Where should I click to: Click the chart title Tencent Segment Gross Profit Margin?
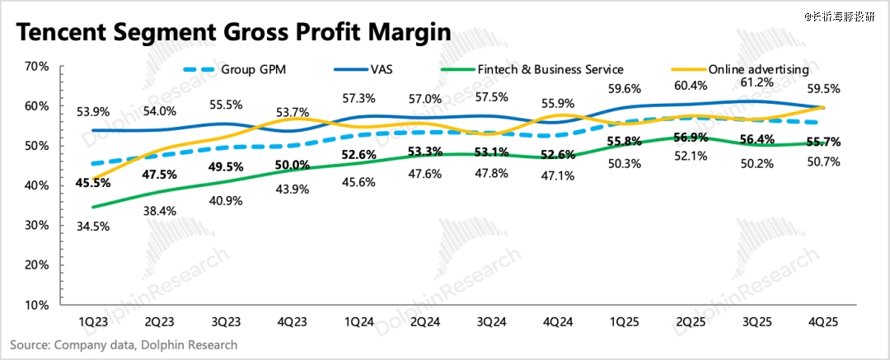click(233, 32)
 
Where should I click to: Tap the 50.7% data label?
click(823, 162)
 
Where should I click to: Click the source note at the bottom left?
click(124, 345)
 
